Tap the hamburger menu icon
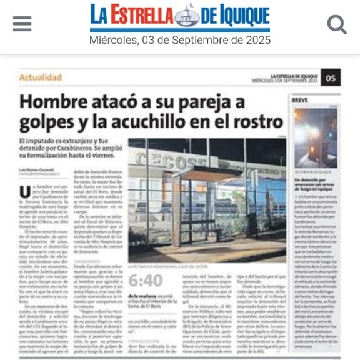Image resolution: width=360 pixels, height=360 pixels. click(x=22, y=24)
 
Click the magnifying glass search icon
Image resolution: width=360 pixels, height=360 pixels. click(x=337, y=24)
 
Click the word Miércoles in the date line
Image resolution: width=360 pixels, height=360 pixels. click(x=113, y=41)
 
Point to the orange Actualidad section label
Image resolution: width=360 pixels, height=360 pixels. click(x=41, y=77)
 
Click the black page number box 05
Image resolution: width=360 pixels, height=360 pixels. click(x=331, y=77)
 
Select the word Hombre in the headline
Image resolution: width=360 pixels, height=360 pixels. click(x=49, y=101)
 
